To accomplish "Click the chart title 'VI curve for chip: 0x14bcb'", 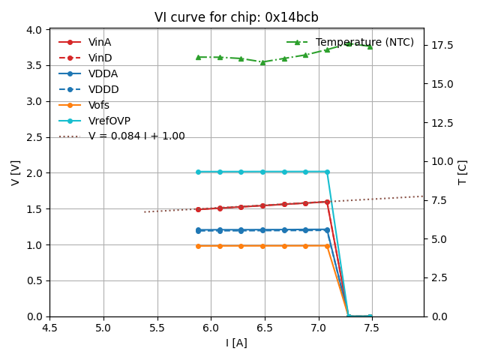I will click(236, 17).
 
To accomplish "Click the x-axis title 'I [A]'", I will click(236, 343).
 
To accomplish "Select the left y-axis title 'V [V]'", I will click(16, 172).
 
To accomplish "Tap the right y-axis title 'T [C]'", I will click(463, 172).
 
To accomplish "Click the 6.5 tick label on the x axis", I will click(264, 328).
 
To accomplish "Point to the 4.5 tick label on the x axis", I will click(49, 328).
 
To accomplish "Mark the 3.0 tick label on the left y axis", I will click(34, 101).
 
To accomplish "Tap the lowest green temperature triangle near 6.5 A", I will click(262, 62).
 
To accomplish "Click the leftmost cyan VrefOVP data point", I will click(198, 172).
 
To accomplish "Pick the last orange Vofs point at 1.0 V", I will click(327, 245).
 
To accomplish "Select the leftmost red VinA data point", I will click(198, 209).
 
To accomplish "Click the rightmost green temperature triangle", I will click(370, 46).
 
